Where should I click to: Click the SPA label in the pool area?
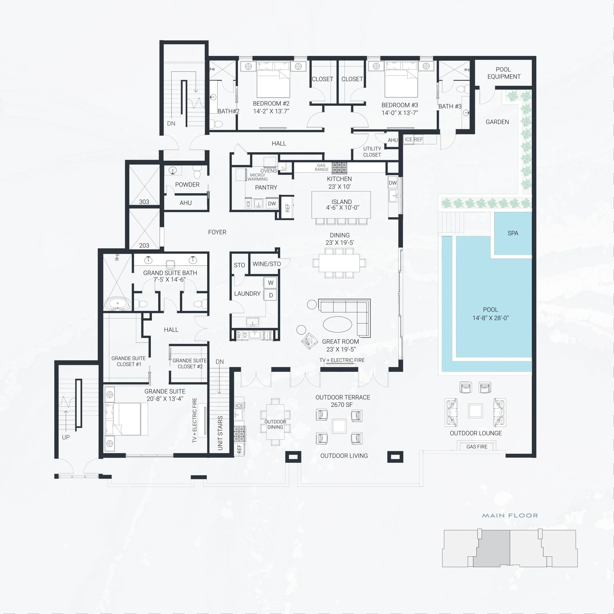point(513,233)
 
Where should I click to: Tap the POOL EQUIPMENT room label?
point(504,73)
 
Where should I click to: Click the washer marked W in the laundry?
point(271,283)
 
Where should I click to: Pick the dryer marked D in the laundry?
point(271,295)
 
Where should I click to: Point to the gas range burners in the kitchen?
point(339,167)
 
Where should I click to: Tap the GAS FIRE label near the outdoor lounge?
point(477,447)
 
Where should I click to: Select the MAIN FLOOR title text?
point(510,515)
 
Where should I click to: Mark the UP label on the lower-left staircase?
point(66,437)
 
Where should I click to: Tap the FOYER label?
point(217,232)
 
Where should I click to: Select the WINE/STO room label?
point(267,264)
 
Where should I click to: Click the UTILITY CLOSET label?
point(372,152)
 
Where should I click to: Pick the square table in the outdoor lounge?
point(475,411)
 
